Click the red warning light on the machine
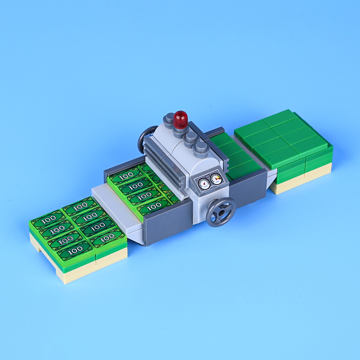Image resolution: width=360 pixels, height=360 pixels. click(x=180, y=118)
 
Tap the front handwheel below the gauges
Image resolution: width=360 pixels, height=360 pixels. click(x=221, y=211)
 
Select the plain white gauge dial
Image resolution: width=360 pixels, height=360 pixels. click(x=204, y=183)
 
